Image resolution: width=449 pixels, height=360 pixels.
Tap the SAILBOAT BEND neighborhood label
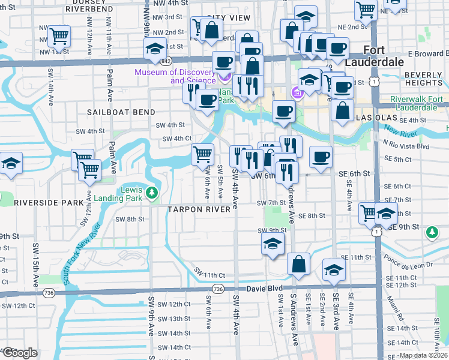coord(121,112)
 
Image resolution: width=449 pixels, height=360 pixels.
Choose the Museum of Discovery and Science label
coord(175,76)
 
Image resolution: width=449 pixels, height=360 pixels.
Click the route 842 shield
coord(166,61)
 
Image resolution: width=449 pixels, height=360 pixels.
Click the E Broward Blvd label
coord(424,53)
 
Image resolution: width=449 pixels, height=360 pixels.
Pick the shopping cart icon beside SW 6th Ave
coord(202,155)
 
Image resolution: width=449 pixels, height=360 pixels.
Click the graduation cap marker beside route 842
coord(155,49)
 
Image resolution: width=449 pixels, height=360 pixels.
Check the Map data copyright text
coord(423,355)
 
